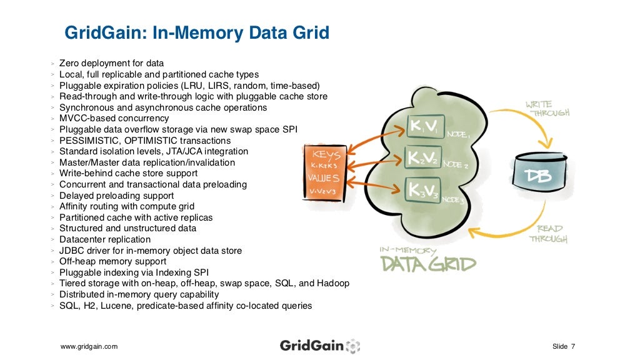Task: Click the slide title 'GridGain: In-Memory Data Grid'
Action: [x=197, y=32]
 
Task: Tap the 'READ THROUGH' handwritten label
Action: [x=549, y=233]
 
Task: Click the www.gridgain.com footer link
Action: [x=89, y=346]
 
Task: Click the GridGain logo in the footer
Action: [x=319, y=346]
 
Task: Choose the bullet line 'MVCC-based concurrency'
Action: [x=114, y=118]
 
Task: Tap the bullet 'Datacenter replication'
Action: [x=105, y=239]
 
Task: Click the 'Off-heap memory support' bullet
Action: [x=112, y=261]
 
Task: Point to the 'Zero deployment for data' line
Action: [x=111, y=63]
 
